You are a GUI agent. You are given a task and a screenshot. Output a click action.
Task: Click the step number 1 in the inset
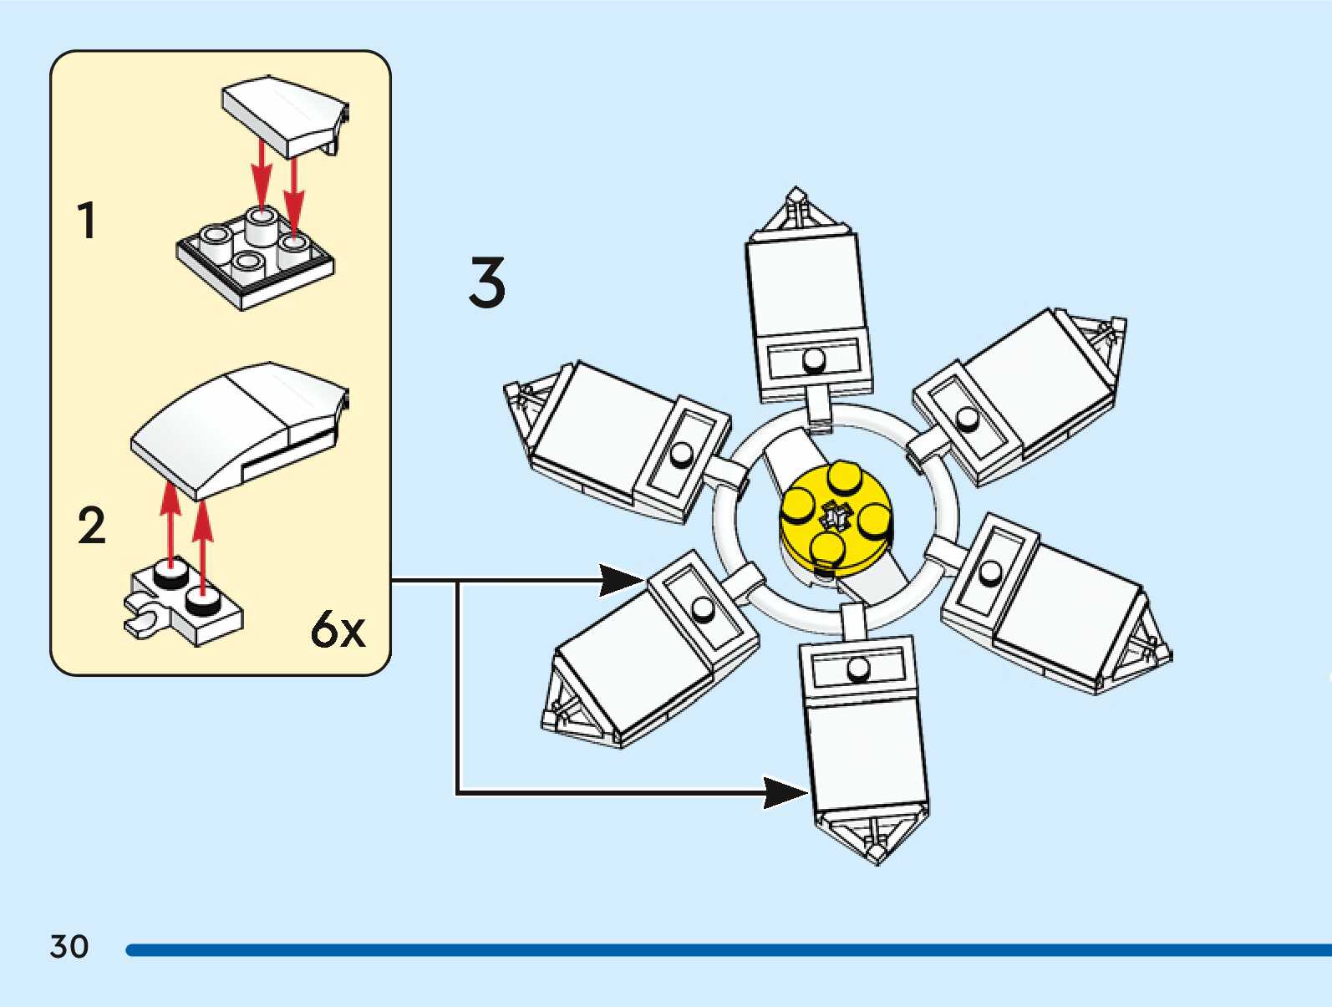click(86, 221)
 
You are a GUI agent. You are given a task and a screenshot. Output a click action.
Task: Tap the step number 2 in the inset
click(91, 526)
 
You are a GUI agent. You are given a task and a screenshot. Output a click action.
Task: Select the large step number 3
click(487, 282)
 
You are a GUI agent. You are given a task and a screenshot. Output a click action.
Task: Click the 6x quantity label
click(338, 629)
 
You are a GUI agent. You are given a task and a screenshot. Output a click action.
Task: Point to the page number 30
click(69, 947)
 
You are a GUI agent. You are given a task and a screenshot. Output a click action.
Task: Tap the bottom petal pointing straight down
click(866, 735)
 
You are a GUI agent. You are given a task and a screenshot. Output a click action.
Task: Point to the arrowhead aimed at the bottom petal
click(785, 792)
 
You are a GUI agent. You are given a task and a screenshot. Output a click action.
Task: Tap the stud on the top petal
click(813, 360)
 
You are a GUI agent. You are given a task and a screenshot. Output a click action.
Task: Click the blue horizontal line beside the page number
click(727, 950)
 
